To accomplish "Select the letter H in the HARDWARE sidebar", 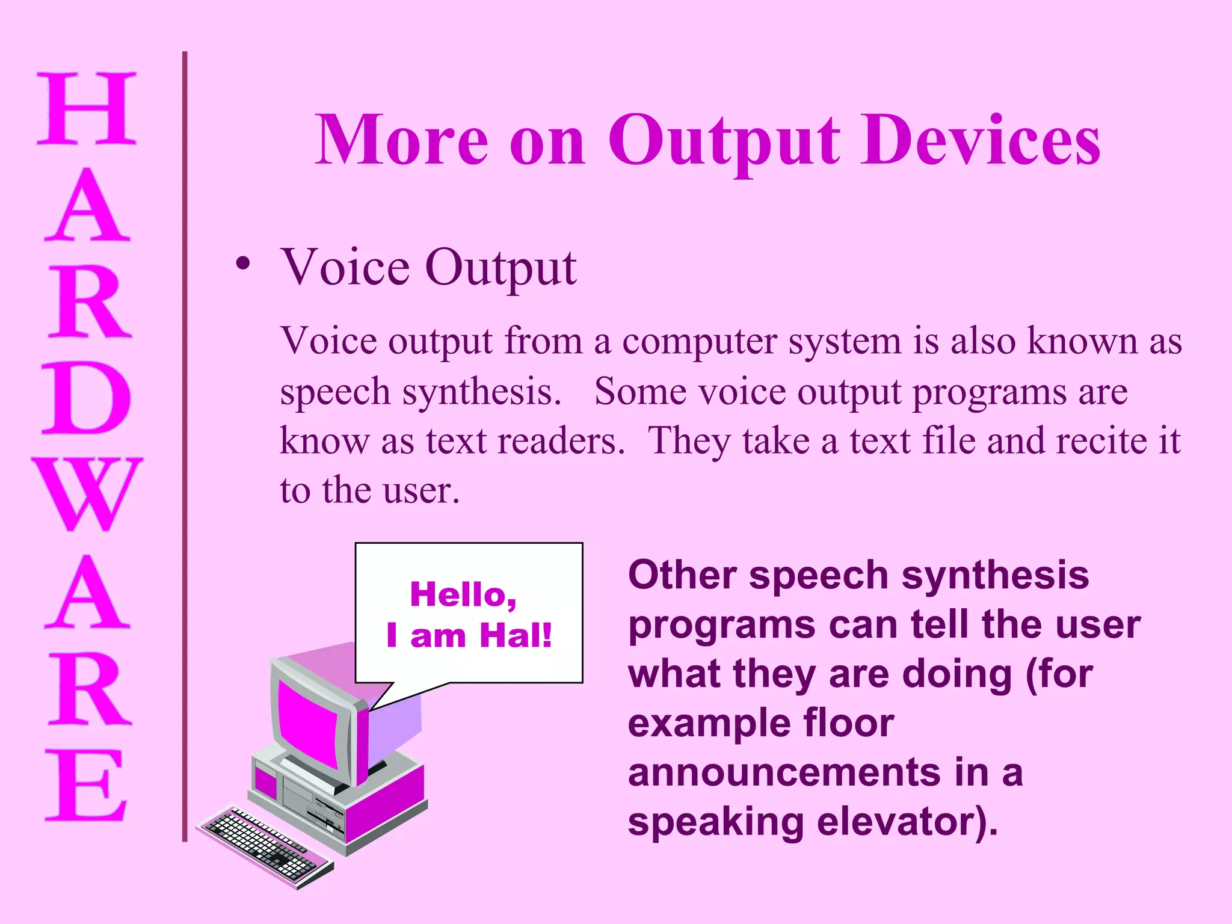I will click(x=87, y=109).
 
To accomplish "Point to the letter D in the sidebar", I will click(x=87, y=398).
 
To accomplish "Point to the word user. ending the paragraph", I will click(x=421, y=490).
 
